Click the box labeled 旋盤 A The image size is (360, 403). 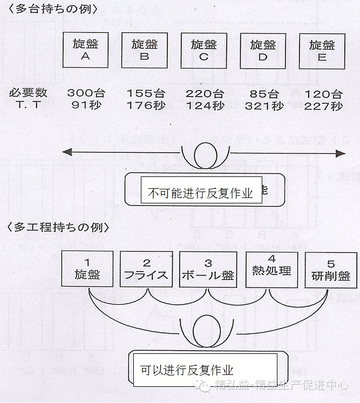pyautogui.click(x=84, y=50)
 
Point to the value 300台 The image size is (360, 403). pyautogui.click(x=86, y=93)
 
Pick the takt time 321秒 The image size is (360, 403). pyautogui.click(x=263, y=106)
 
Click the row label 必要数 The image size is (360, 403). pyautogui.click(x=28, y=93)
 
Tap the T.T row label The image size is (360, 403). pyautogui.click(x=28, y=106)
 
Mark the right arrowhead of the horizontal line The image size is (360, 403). pyautogui.click(x=341, y=154)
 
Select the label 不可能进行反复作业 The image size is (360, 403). pyautogui.click(x=201, y=193)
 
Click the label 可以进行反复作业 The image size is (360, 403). pyautogui.click(x=187, y=370)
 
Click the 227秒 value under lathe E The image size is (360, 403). pyautogui.click(x=323, y=106)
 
